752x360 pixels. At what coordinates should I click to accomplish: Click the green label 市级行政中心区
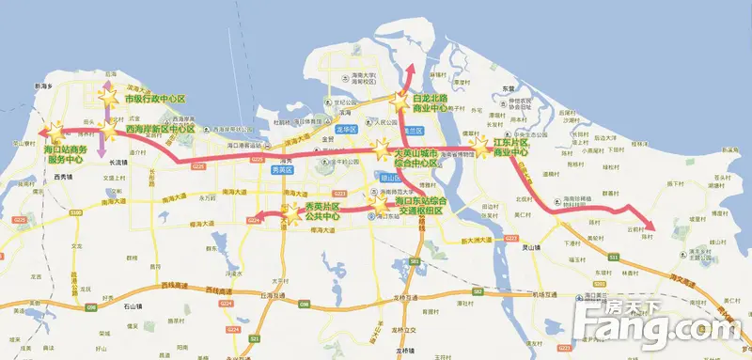[155, 99]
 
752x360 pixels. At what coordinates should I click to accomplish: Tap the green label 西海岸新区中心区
[160, 129]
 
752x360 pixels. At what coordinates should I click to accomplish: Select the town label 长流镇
[117, 162]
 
